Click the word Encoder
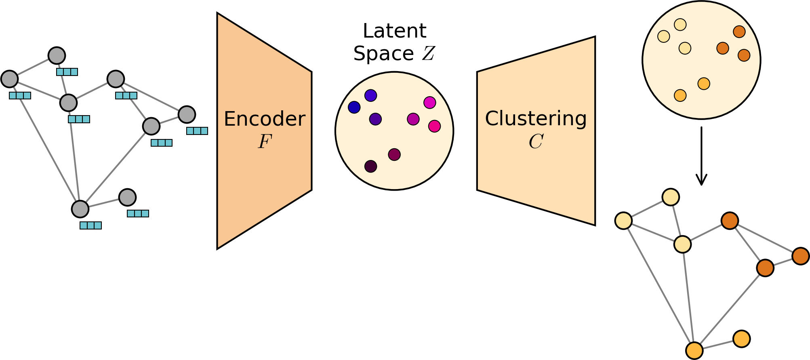(264, 119)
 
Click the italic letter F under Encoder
(265, 142)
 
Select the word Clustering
(536, 119)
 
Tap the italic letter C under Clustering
(536, 142)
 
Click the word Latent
(394, 31)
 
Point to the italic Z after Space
(428, 54)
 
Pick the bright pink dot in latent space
(434, 126)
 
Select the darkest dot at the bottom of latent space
(370, 166)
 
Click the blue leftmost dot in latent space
(354, 107)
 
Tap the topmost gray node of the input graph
(57, 55)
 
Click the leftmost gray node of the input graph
(9, 79)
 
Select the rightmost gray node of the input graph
(187, 115)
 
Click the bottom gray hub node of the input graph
(80, 209)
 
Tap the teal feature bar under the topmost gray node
(67, 72)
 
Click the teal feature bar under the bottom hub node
(90, 225)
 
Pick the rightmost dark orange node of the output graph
(800, 256)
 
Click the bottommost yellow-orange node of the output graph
(694, 350)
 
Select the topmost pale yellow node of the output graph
(671, 197)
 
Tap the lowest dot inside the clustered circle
(680, 95)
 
